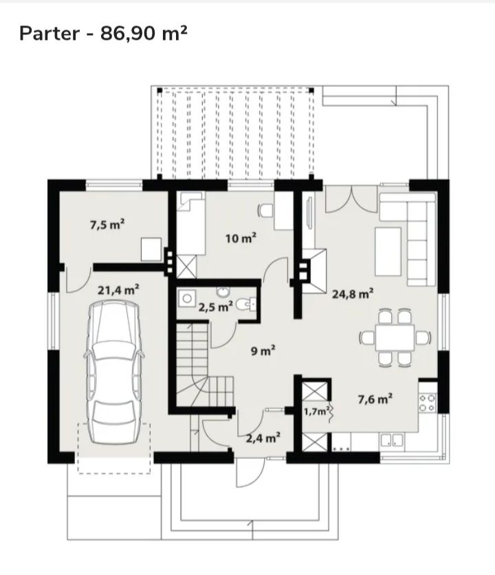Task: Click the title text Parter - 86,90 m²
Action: pos(103,34)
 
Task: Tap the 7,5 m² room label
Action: pos(107,224)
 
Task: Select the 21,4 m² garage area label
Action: pos(118,290)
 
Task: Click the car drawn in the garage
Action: pos(113,372)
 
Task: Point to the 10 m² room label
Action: pos(241,238)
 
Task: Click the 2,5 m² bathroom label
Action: pos(215,306)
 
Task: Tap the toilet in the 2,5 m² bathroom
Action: pos(245,304)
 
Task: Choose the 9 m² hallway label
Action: pos(263,351)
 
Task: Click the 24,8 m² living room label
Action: pos(353,294)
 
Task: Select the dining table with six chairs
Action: pos(395,337)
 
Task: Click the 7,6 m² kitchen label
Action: pos(375,398)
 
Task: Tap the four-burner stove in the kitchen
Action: pos(428,403)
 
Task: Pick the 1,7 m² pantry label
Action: pos(316,411)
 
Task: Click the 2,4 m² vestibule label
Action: pos(263,438)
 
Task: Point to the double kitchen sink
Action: pos(392,440)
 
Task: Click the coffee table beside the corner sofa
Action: pos(388,251)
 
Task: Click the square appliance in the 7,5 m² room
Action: pos(151,249)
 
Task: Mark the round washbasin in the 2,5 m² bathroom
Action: pos(222,292)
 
